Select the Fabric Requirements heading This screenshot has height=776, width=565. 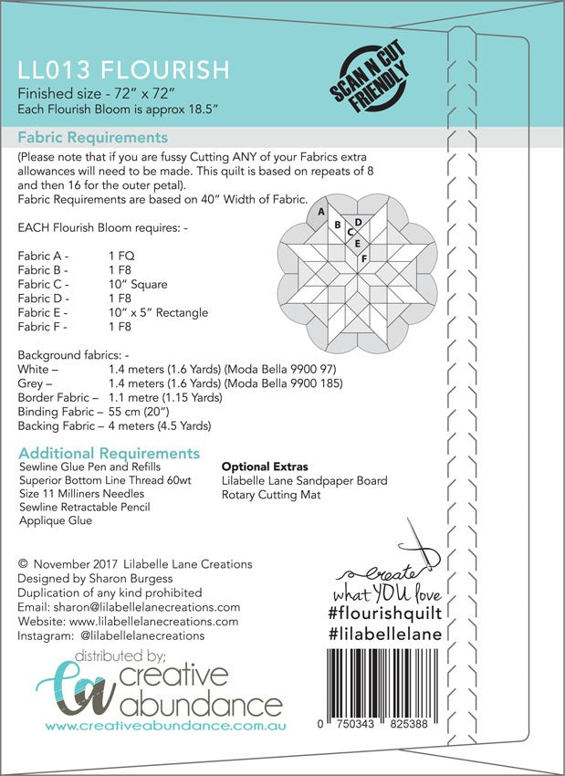[93, 138]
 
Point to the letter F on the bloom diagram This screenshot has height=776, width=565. [364, 258]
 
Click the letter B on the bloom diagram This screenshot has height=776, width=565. [338, 225]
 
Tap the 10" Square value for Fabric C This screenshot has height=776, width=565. [138, 285]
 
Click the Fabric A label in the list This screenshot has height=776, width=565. [43, 257]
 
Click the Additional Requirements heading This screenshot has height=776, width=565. [109, 454]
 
